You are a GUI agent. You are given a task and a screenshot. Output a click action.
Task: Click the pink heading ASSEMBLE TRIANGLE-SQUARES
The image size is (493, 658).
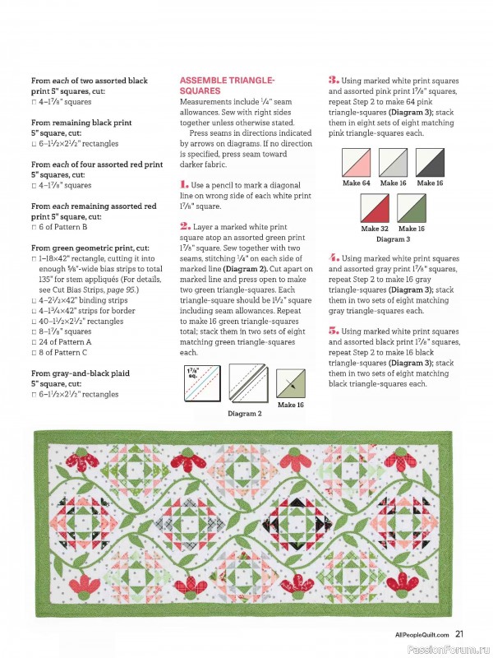[227, 85]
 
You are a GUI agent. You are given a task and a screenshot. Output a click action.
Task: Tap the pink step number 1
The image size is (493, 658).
[184, 185]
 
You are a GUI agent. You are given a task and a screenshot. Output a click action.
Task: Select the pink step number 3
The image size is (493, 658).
[334, 80]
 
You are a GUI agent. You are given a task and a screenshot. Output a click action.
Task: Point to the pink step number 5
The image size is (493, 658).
[334, 328]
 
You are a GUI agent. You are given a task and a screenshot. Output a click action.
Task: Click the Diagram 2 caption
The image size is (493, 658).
[244, 414]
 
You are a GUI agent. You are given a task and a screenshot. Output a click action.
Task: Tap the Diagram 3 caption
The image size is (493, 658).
[392, 239]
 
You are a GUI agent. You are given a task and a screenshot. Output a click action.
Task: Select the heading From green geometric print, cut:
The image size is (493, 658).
[90, 247]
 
